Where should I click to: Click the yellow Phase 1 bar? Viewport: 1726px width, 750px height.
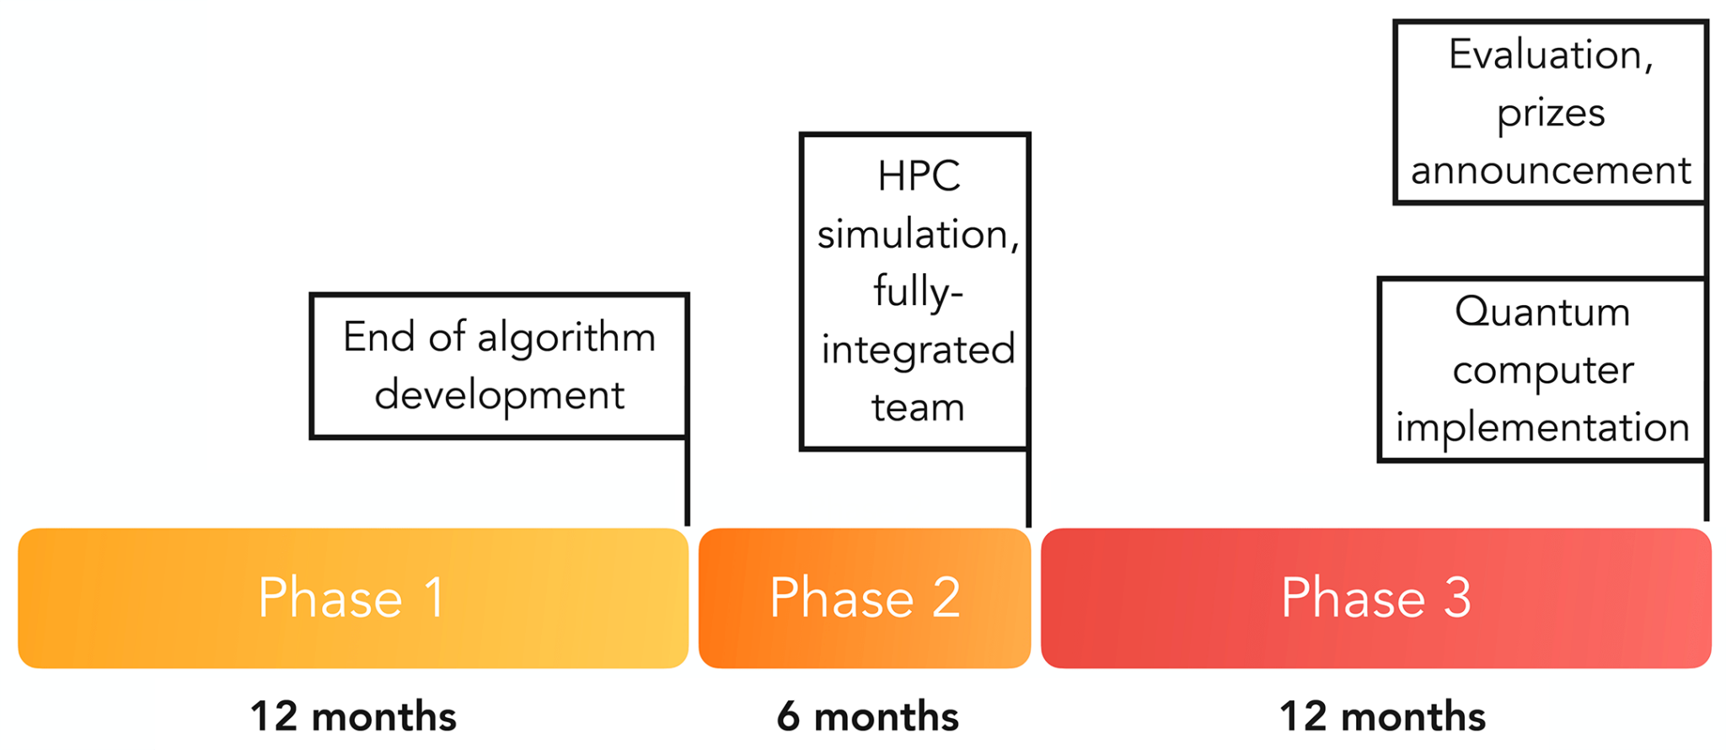point(352,598)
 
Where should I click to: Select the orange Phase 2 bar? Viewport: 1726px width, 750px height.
point(864,598)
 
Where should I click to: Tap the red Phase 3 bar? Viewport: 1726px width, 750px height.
point(1375,598)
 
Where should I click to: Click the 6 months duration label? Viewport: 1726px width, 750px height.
point(867,717)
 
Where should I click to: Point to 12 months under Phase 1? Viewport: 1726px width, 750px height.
point(353,717)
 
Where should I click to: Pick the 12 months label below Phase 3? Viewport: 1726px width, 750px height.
point(1382,717)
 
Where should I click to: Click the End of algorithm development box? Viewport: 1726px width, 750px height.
point(499,366)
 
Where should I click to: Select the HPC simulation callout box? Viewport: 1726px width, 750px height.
point(915,291)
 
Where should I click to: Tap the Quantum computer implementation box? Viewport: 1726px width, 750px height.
point(1542,369)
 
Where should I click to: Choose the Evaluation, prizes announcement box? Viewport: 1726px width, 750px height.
point(1551,112)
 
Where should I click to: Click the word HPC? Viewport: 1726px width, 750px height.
point(919,177)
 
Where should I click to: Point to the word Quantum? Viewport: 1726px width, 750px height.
point(1542,313)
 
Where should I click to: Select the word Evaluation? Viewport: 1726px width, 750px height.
point(1551,56)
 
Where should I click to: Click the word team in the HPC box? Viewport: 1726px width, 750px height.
point(918,408)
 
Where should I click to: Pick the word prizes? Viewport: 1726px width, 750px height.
point(1551,114)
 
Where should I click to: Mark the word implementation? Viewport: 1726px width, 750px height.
point(1542,428)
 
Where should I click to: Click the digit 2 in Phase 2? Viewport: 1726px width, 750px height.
point(946,598)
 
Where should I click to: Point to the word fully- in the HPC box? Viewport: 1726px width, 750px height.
point(918,292)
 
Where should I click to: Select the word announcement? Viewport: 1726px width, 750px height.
point(1551,171)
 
